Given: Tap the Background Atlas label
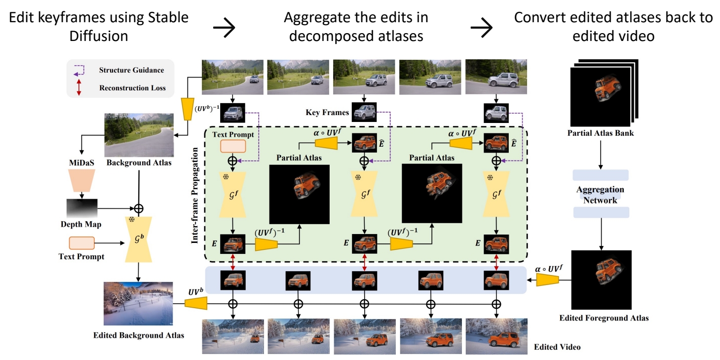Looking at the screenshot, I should tap(139, 162).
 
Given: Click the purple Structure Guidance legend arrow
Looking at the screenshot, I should tap(79, 71).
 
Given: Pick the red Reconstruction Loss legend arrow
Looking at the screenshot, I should tap(78, 88).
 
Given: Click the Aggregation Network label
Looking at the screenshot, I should tap(600, 195).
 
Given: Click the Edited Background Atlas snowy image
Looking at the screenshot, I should tap(138, 303).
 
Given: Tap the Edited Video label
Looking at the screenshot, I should tap(557, 347).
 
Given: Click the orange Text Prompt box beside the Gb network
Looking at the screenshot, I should tap(81, 243).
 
